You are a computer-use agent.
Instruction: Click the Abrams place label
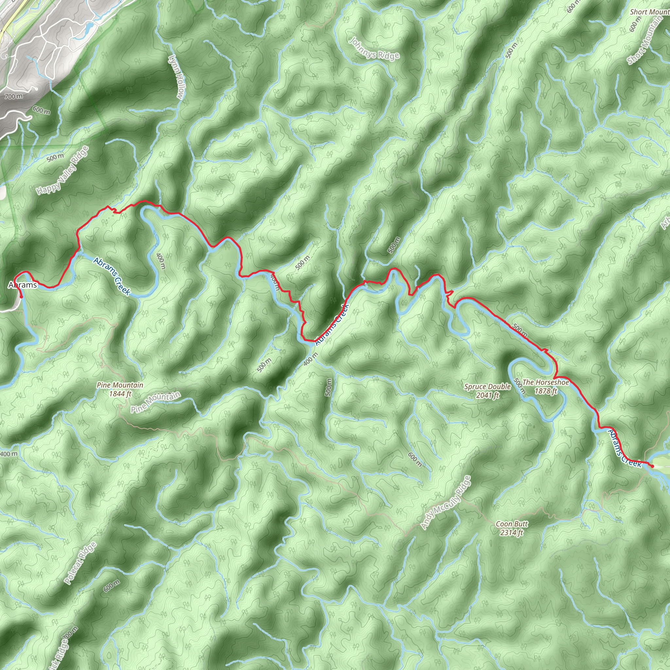23,285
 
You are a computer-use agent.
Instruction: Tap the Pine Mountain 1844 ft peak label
120,389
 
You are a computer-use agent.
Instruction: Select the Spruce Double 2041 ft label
487,391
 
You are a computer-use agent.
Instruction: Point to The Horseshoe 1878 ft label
545,387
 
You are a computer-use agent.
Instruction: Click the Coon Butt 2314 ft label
512,528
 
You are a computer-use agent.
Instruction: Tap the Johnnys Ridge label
374,49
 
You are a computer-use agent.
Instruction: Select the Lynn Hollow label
177,76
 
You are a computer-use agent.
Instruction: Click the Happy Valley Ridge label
63,170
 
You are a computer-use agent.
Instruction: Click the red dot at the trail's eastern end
652,466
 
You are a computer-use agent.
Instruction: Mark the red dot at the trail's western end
21,296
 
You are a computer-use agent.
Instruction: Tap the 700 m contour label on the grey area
14,96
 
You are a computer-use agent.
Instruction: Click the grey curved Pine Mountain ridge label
156,402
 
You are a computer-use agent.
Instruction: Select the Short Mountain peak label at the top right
649,12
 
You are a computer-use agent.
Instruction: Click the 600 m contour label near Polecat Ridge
112,586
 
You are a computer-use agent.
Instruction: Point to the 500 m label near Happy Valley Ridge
56,157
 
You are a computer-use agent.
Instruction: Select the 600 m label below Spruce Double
415,460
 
